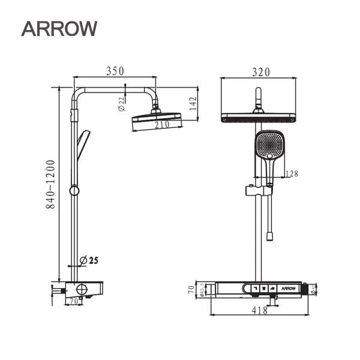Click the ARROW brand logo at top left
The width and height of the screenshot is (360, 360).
point(59,28)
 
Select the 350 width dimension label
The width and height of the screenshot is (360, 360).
point(115,71)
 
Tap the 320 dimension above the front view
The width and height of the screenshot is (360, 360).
point(260,72)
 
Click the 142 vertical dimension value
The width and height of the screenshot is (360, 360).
point(193,103)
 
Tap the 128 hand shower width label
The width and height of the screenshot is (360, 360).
point(292,175)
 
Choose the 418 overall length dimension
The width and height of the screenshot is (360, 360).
point(259,311)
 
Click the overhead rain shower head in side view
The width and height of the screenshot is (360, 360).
point(156,118)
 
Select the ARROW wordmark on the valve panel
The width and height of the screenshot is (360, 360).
point(290,289)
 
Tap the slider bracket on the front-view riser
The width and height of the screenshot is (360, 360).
point(259,191)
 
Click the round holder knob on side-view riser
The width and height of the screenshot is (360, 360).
point(74,191)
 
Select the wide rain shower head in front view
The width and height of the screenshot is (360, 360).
point(259,118)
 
